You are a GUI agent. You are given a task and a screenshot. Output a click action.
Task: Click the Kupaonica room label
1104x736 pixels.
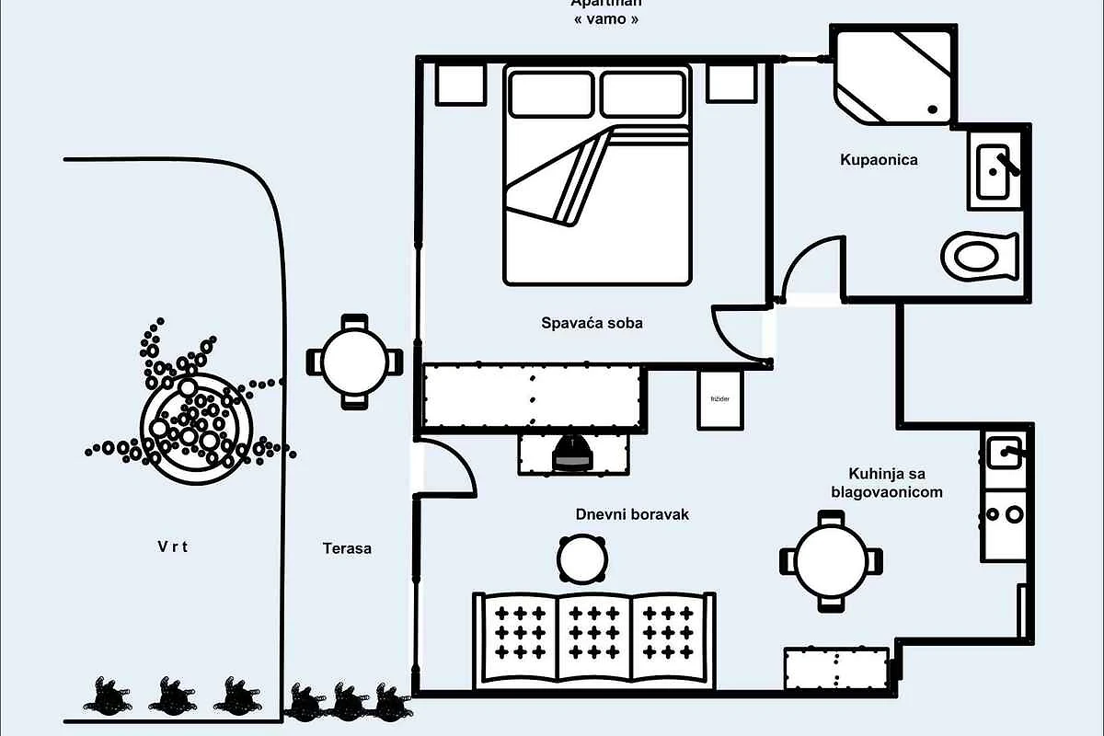(879, 160)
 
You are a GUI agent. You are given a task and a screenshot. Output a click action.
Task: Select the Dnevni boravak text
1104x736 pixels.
(632, 514)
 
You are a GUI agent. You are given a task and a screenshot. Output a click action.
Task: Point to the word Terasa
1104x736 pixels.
(347, 548)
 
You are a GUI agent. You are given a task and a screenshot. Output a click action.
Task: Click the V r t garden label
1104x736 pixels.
(172, 546)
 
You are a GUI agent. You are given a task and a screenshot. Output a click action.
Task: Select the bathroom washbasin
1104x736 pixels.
(995, 170)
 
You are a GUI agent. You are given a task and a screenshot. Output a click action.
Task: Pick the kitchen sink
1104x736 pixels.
(1004, 453)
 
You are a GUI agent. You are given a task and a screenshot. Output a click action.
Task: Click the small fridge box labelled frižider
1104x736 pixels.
(719, 399)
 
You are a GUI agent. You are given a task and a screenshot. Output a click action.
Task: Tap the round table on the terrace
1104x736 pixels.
(354, 362)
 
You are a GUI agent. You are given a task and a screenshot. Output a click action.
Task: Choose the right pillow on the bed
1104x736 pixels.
(644, 95)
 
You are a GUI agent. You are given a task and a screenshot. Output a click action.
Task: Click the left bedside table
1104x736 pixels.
(460, 83)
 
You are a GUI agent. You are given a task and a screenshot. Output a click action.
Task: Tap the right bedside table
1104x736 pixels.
(731, 83)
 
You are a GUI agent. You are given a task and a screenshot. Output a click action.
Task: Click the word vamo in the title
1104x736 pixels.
(604, 18)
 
